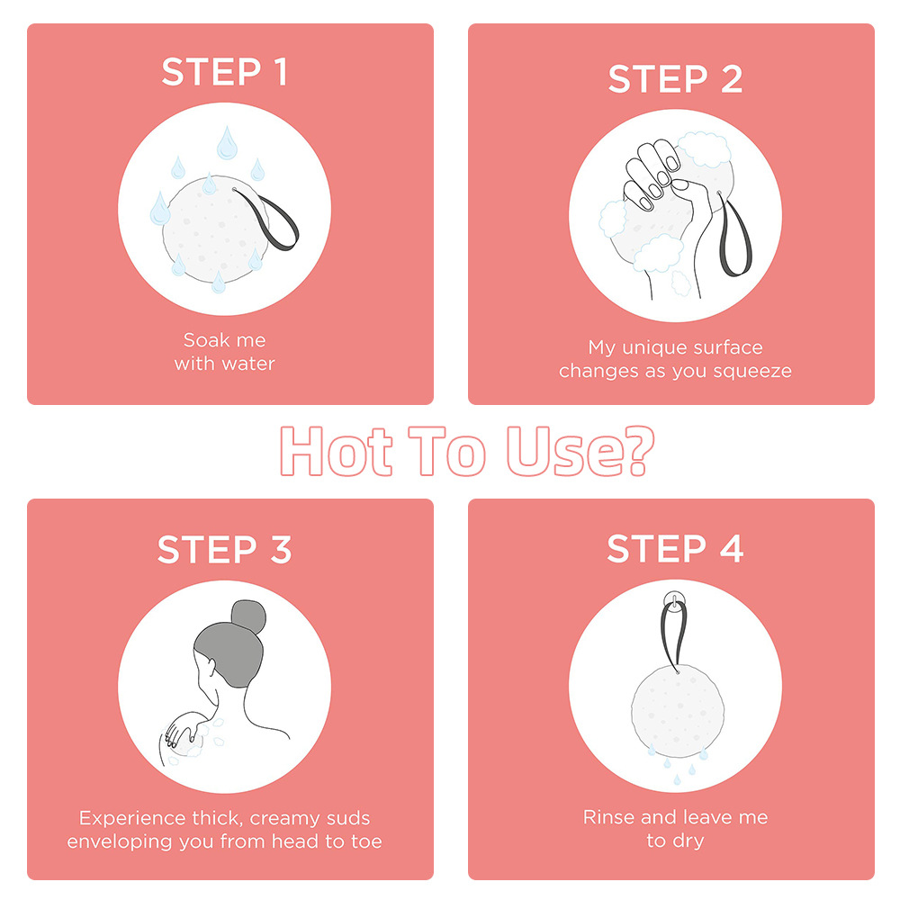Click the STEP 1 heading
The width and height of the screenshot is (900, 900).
point(224,72)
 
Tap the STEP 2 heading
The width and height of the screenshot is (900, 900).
point(675,78)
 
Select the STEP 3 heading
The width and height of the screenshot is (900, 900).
point(224,549)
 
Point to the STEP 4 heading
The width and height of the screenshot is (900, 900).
point(675,548)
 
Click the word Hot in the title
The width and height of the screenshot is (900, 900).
point(337,451)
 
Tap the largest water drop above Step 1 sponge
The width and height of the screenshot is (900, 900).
point(227,143)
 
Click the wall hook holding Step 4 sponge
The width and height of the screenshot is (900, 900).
point(674,601)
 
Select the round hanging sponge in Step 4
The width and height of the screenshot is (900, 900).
point(678,712)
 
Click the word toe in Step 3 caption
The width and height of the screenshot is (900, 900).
point(366,841)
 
